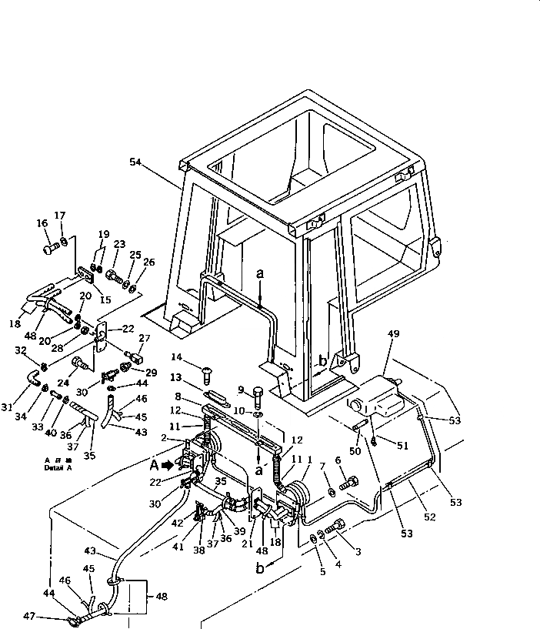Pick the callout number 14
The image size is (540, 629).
177,356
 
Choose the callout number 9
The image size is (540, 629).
240,390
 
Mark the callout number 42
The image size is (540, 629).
177,523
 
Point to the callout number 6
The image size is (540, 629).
337,460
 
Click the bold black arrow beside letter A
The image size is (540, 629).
168,465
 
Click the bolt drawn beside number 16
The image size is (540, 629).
52,248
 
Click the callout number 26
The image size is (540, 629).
148,262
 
